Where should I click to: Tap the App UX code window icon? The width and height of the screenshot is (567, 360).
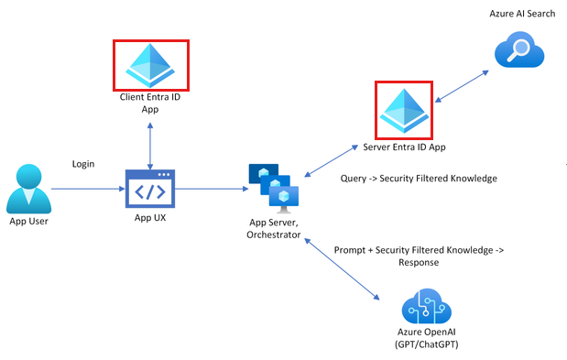[150, 191]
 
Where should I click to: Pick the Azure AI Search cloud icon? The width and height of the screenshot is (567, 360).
[519, 50]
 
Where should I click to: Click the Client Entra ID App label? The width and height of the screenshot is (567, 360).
[150, 102]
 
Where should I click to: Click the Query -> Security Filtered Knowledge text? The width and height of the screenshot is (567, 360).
[419, 178]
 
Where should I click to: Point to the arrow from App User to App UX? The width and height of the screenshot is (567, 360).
[86, 190]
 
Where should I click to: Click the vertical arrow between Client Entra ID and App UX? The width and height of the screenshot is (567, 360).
[150, 141]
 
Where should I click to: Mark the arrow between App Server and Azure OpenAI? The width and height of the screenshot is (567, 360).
[346, 267]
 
